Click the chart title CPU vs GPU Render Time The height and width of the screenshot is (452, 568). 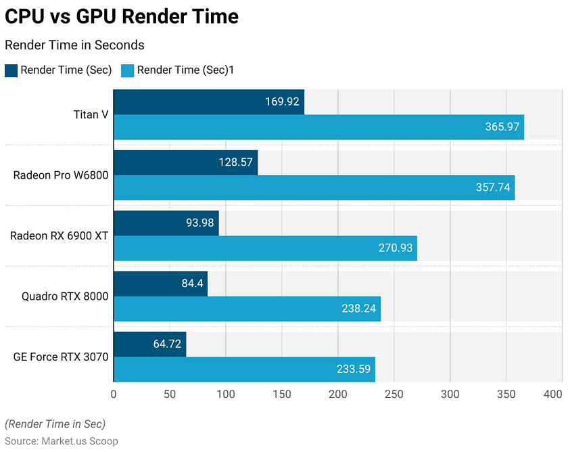(x=122, y=16)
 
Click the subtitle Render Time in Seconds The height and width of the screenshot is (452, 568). (x=74, y=45)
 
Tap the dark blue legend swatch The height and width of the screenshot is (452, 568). (x=11, y=70)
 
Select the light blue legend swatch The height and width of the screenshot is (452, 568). (x=127, y=70)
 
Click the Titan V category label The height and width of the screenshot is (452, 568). (x=91, y=114)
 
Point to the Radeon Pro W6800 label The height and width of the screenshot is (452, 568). (x=61, y=175)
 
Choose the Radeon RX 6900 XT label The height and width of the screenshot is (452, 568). (x=59, y=235)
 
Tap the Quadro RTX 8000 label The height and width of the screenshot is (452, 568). (x=65, y=296)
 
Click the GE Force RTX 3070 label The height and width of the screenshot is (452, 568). (x=61, y=357)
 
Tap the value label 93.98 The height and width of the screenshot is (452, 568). (x=199, y=223)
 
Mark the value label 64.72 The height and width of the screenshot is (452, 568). (x=167, y=344)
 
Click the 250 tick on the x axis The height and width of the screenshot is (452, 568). (x=394, y=394)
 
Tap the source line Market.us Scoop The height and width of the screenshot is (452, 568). (x=62, y=440)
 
